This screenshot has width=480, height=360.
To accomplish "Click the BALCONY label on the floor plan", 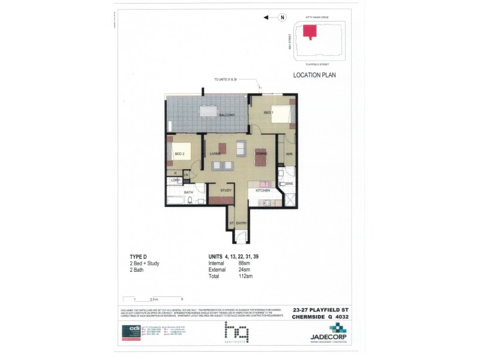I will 226,115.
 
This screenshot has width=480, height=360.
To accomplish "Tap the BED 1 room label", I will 268,112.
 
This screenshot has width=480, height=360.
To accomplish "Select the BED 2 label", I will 179,154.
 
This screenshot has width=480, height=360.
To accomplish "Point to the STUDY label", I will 226,190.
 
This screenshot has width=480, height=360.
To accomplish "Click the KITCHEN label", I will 263,190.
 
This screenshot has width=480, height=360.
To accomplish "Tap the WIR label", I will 288,154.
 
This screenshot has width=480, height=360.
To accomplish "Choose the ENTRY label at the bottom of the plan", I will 241,223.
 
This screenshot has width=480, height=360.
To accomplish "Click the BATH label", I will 188,192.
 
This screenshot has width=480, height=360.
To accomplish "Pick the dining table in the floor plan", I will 260,156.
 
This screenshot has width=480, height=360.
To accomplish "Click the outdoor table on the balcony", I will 208,111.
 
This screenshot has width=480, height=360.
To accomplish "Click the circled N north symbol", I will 281,17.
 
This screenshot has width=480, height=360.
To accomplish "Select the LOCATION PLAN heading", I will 314,76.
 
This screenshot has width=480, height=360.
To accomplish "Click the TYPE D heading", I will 139,256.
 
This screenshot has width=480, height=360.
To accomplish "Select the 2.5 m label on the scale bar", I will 154,299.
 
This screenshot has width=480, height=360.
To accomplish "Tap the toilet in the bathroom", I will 191,201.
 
